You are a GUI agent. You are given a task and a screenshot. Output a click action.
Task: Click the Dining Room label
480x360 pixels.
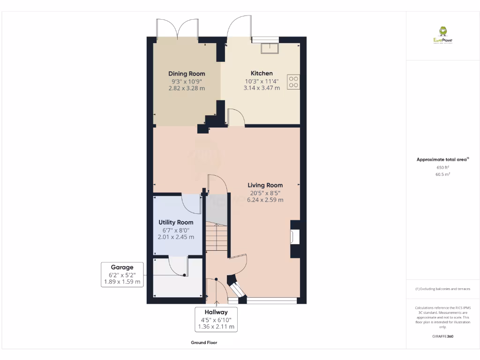pos(187,74)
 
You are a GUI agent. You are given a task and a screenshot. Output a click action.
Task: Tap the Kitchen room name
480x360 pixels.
pos(262,73)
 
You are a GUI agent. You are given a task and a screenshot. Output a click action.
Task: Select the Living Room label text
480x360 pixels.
pos(265,185)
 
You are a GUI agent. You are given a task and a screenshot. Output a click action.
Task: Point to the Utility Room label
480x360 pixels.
pos(176,222)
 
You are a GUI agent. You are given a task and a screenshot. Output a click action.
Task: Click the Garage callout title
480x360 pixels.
pos(122,267)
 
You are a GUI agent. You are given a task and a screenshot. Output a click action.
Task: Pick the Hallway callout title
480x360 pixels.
pos(216,312)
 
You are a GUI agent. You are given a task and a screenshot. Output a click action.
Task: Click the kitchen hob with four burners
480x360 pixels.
pos(294,82)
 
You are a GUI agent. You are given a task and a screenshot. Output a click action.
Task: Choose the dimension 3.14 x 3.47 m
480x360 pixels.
pos(262,88)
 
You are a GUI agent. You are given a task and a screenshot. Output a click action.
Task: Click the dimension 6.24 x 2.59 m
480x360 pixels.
pos(265,200)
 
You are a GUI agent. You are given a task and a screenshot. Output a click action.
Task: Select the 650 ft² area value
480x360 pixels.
pos(442,167)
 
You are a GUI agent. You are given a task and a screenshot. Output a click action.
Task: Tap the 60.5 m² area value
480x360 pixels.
pos(442,174)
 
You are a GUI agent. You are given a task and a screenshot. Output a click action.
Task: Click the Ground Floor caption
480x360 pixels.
pos(204,343)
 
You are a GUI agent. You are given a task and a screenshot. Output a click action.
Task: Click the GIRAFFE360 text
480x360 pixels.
pos(442,337)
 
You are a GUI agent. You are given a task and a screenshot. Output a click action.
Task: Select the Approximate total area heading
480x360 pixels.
pos(442,160)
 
